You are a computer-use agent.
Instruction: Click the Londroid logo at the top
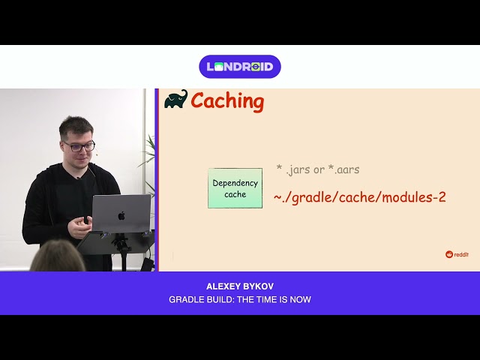coord(240,67)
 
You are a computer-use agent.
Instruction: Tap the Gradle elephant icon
coord(175,100)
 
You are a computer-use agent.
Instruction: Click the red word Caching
coord(227,101)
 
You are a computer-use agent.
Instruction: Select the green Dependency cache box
coord(235,188)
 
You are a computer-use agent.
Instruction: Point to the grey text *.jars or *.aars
coord(317,169)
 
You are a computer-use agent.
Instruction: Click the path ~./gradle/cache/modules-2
coord(359,197)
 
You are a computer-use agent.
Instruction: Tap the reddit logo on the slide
coord(457,254)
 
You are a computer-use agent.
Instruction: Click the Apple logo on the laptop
coord(121,215)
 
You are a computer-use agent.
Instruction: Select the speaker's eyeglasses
coord(79,146)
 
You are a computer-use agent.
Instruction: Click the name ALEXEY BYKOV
coord(240,286)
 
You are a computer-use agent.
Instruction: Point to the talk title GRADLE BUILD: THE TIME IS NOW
coord(240,300)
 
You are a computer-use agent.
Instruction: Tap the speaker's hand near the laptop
coord(80,227)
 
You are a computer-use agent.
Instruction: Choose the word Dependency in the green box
coord(235,183)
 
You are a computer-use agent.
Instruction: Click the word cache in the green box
coord(235,195)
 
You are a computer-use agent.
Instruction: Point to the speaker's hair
coord(76,125)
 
